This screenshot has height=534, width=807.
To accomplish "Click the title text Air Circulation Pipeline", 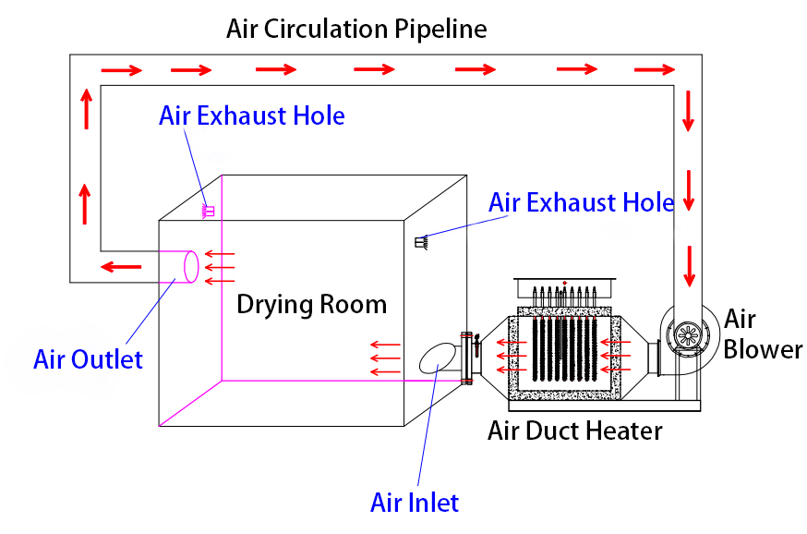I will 356,29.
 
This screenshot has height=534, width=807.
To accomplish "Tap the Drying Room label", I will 311,304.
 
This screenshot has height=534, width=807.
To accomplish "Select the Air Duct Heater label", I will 574,430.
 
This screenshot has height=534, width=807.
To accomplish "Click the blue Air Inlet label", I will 414,503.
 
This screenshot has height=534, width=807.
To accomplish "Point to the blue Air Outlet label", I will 88,358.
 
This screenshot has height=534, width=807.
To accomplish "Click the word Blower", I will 762,350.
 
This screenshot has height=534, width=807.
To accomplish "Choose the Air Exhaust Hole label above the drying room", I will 251,115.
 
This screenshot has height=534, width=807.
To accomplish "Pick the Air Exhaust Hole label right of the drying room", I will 581,203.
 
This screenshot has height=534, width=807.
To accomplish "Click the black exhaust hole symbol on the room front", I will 421,243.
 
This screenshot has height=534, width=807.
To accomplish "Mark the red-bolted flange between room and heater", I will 466,356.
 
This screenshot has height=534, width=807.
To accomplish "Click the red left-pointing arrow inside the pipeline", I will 121,268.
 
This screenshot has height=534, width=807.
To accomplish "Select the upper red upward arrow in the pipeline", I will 86,110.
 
